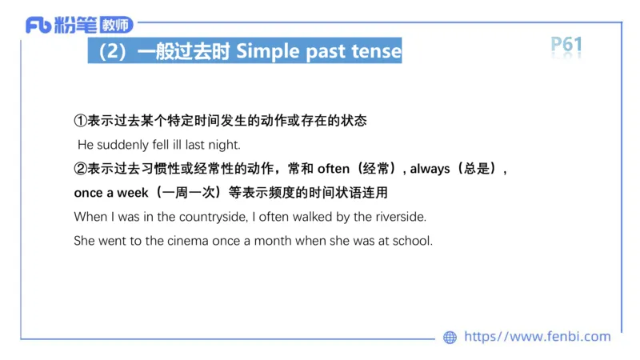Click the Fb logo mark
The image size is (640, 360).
point(38,26)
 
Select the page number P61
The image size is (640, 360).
point(566,45)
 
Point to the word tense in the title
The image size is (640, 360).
point(376,52)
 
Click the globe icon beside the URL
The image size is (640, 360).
point(450,338)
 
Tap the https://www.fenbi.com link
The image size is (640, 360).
point(537,337)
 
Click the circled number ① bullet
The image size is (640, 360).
point(80,121)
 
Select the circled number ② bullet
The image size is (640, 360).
point(80,170)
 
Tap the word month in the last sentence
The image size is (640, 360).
point(273,241)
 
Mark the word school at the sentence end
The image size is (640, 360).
point(412,241)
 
